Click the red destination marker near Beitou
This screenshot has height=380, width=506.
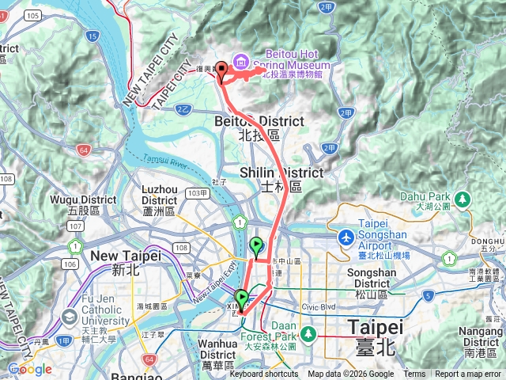(x=221, y=70)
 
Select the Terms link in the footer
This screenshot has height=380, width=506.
(x=414, y=374)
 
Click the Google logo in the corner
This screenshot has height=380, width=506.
(x=30, y=370)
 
